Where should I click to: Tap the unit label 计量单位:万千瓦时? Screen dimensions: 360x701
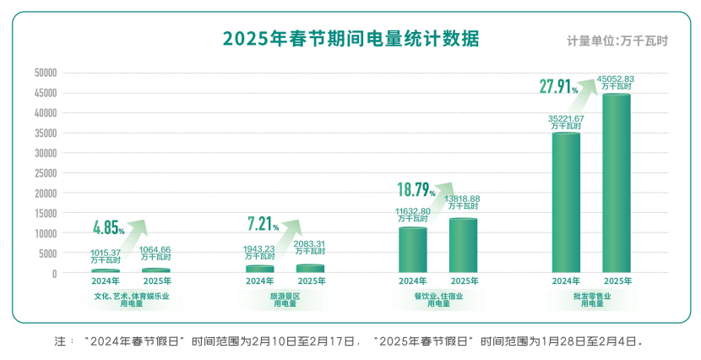(x=617, y=41)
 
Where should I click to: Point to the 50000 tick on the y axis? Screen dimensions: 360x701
(x=45, y=73)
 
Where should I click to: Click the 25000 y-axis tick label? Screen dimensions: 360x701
(x=45, y=173)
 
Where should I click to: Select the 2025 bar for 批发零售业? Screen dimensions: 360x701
(x=617, y=184)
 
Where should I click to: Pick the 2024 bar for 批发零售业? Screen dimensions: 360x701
(x=566, y=203)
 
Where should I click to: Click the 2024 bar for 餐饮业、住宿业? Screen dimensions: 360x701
(x=413, y=250)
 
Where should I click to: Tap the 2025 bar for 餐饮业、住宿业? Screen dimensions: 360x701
(x=464, y=246)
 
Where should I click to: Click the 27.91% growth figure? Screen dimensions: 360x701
(x=558, y=86)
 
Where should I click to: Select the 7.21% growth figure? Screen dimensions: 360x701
(x=263, y=224)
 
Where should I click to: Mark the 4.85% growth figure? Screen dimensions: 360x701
(x=109, y=227)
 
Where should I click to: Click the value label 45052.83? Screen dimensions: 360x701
(x=616, y=79)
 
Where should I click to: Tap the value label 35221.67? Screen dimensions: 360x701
(x=566, y=118)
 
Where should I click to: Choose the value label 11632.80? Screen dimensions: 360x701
(x=413, y=210)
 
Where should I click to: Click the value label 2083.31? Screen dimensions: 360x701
(x=310, y=243)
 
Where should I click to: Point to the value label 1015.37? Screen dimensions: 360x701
(x=106, y=252)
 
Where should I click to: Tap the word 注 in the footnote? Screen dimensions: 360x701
(x=59, y=342)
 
